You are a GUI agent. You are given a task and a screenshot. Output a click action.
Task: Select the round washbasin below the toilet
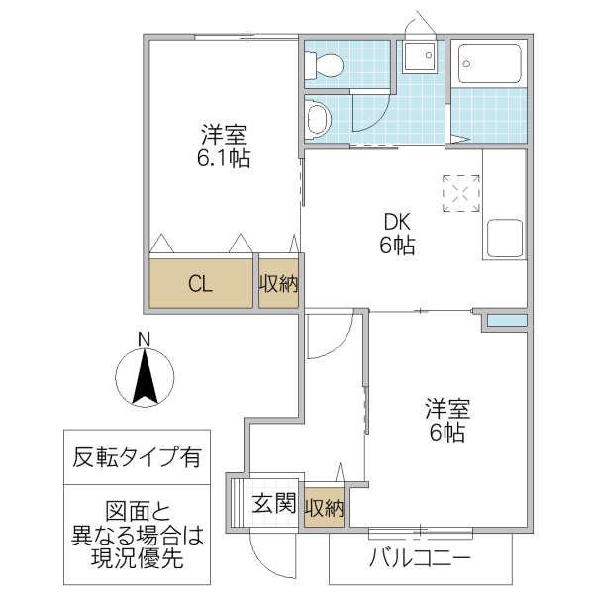pos(318,120)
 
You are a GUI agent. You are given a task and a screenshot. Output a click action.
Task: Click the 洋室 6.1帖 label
pos(224,146)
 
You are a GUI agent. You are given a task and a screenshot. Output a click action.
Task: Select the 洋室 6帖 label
pos(446,420)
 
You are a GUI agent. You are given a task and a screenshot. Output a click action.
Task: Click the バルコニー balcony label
pos(420,559)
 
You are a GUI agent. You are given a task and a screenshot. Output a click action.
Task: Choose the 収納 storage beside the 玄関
pos(324,508)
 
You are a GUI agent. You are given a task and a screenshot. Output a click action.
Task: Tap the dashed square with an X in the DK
pos(461,194)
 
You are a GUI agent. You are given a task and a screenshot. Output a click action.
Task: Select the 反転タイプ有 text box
pos(137,458)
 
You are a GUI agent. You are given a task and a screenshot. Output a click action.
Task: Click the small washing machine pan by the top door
pos(421,56)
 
